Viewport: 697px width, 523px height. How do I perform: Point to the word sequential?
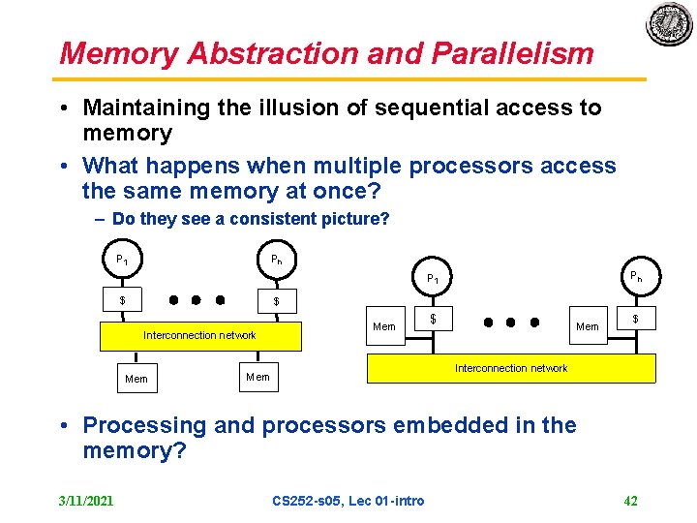tap(404, 108)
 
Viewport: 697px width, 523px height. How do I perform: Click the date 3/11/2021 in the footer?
tap(86, 501)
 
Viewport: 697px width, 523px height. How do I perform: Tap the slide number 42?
tap(630, 501)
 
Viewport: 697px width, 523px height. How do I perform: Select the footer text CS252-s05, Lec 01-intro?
tap(348, 501)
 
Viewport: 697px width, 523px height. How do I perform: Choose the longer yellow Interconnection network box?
tap(510, 368)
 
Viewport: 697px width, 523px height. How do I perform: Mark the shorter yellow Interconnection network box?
tap(200, 335)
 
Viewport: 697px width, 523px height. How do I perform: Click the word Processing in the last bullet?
tap(145, 425)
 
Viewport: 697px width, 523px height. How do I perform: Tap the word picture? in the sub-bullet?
tap(359, 219)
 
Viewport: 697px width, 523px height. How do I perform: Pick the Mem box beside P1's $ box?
tap(384, 326)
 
